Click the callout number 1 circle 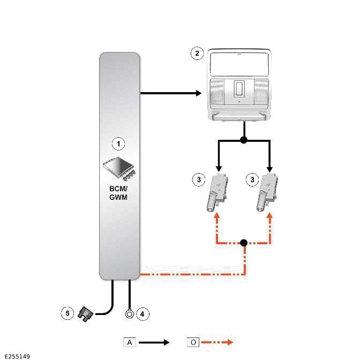point(118,144)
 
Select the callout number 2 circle point(198,53)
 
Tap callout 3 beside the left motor point(198,179)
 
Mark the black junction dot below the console point(244,140)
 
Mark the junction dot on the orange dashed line point(244,243)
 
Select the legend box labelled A point(130,342)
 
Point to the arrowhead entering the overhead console point(197,94)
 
